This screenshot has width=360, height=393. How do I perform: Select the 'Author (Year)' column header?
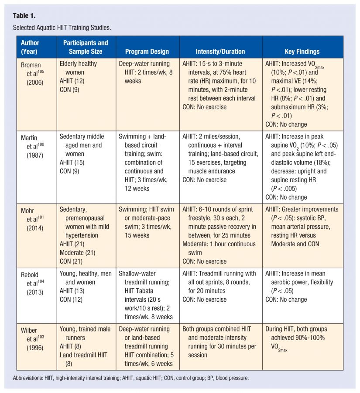click(30, 47)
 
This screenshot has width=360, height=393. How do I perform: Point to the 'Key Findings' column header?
click(302, 52)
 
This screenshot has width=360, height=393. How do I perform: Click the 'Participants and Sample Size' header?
click(86, 47)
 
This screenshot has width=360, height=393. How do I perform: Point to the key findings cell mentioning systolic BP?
click(302, 227)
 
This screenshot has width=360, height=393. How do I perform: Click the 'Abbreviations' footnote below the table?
click(131, 378)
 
